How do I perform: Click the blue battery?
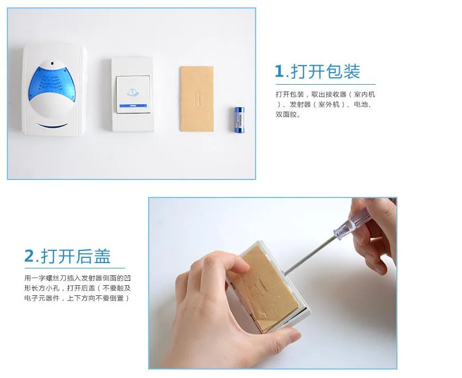[239, 120]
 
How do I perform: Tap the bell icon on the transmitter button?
[133, 93]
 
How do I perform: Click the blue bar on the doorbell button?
[133, 105]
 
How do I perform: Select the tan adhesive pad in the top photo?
[196, 98]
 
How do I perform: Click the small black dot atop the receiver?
[52, 63]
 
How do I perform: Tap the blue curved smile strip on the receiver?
[52, 126]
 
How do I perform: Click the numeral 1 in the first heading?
[279, 71]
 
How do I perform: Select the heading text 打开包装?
[325, 71]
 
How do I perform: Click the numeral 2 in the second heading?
[29, 256]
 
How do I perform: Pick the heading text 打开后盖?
[76, 256]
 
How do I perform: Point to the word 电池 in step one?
[360, 104]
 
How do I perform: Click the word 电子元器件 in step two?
[42, 298]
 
